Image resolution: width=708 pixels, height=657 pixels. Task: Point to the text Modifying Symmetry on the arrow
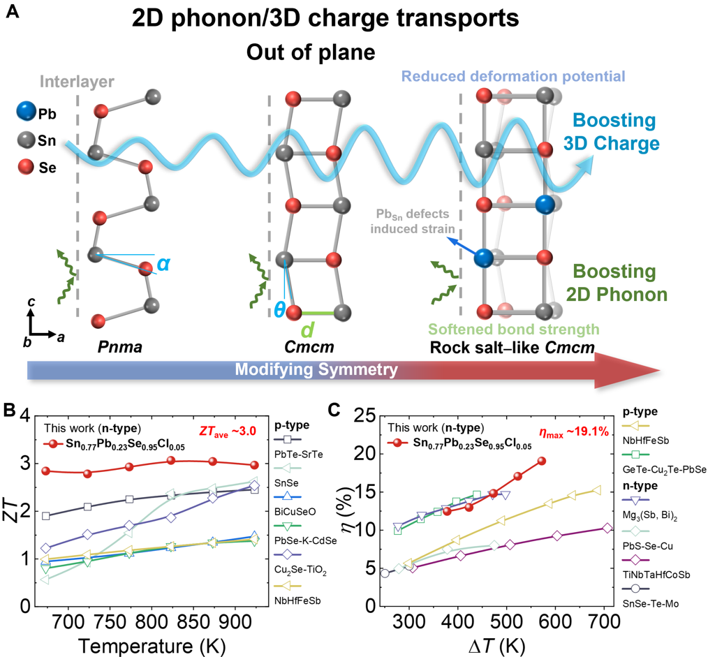click(316, 369)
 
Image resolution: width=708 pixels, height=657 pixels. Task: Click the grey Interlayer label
click(77, 82)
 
